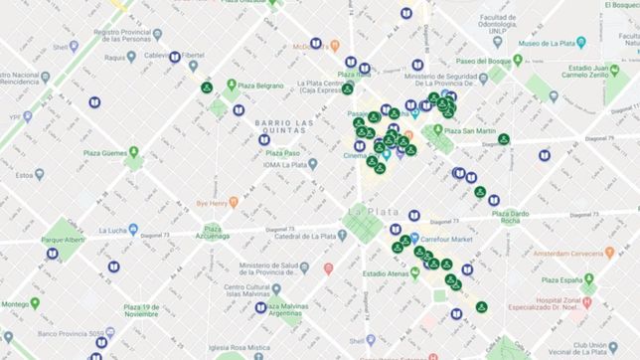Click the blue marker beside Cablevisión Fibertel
click(x=174, y=58)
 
